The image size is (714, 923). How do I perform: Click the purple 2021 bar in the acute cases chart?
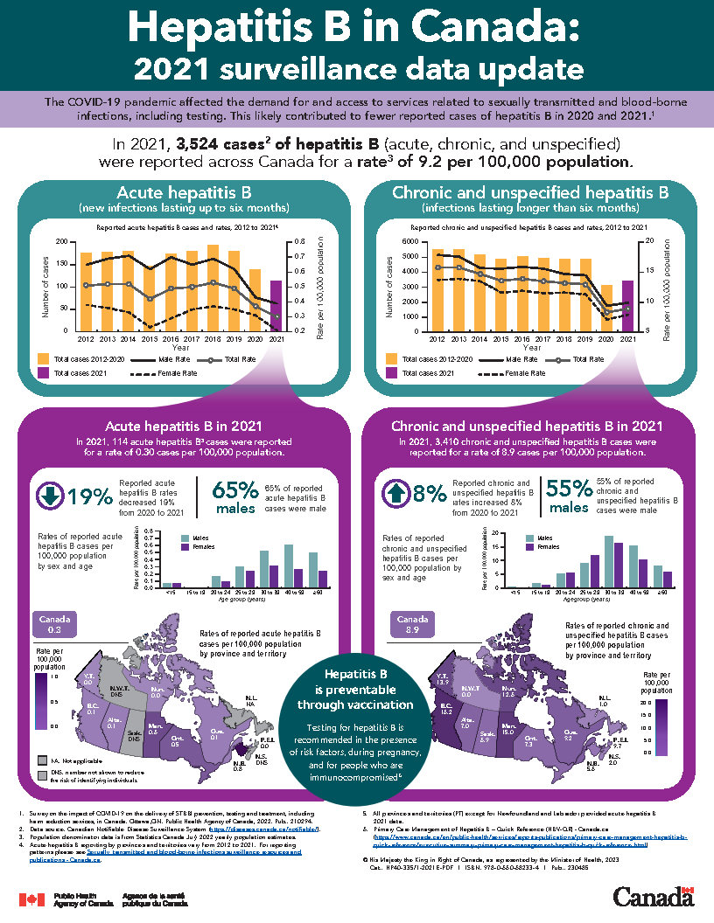point(276,306)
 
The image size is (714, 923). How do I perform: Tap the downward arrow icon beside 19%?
point(49,495)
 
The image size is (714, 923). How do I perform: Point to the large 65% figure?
point(234,489)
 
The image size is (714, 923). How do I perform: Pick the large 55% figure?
point(568,489)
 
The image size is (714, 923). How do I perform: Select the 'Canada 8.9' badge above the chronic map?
point(413,623)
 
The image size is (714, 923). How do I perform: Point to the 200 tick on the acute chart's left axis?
point(60,241)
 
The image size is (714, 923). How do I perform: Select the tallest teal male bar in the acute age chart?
point(289,566)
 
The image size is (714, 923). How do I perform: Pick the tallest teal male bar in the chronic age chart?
point(609,561)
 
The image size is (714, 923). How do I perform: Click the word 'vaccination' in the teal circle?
point(368,704)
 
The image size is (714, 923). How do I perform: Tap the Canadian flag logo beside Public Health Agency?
point(31,899)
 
